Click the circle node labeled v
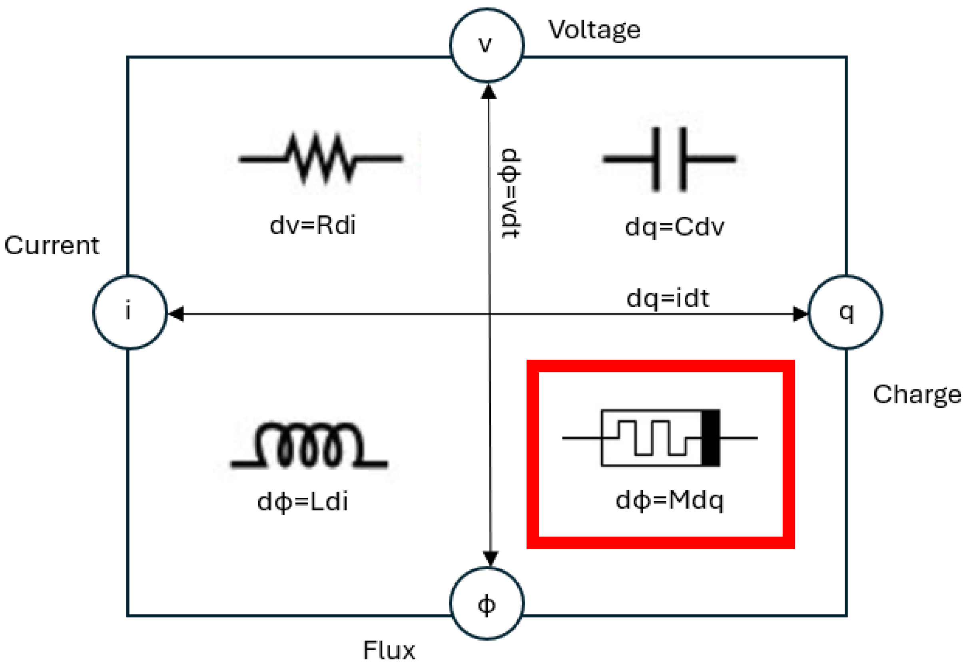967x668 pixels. [x=486, y=45]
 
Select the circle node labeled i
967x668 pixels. [x=130, y=312]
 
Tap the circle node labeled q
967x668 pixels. [x=845, y=312]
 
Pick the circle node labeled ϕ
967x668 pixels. [x=486, y=604]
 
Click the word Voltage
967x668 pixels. [x=594, y=30]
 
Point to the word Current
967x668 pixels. [x=52, y=245]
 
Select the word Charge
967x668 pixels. [x=916, y=394]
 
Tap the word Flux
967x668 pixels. [x=389, y=650]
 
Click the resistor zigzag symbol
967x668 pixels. [x=321, y=159]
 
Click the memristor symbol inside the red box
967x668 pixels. [x=660, y=438]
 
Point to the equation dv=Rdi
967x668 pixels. [x=313, y=225]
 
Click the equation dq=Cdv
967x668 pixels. [x=674, y=228]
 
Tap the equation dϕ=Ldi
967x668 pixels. [x=302, y=501]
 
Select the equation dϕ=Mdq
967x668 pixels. [x=669, y=500]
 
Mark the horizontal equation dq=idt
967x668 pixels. [x=668, y=299]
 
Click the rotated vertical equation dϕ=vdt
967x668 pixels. [x=511, y=193]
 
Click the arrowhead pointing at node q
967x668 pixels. [x=800, y=314]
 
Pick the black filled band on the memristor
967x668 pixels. [x=710, y=438]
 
